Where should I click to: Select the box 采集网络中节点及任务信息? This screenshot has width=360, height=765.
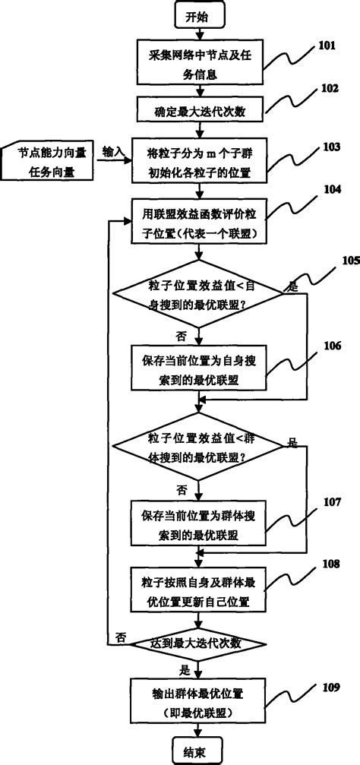(198, 62)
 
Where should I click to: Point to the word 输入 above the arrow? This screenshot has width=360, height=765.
(114, 152)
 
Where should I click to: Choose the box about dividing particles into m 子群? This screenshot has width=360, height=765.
(198, 163)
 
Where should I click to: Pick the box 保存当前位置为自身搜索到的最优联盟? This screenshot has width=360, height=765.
(198, 366)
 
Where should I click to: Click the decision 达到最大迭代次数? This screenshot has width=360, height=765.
(198, 643)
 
